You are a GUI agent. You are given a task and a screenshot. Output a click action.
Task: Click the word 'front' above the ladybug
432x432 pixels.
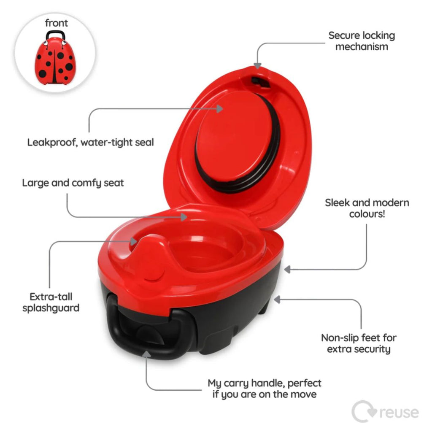tap(56, 23)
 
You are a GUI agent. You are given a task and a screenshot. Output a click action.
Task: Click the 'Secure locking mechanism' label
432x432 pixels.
tap(362, 41)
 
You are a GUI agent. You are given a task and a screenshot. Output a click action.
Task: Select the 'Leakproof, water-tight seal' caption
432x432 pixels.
tap(90, 143)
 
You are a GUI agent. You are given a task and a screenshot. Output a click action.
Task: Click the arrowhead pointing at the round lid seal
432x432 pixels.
tap(219, 109)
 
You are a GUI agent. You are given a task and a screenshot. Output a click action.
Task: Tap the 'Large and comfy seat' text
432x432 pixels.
tap(73, 183)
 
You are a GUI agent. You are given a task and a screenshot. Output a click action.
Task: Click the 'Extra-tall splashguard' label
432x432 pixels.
tap(51, 302)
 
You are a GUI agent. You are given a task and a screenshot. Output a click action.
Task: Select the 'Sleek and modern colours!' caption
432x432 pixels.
tap(367, 208)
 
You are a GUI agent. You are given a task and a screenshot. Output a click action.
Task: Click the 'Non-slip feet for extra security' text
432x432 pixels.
tap(359, 343)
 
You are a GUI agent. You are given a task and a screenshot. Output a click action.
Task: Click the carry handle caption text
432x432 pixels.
tap(265, 389)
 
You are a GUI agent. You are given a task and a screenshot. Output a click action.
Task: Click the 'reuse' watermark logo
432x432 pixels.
tap(385, 412)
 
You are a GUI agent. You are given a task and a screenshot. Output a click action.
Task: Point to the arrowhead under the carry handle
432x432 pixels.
tap(146, 354)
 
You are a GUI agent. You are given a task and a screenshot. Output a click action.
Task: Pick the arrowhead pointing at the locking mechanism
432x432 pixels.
tap(257, 65)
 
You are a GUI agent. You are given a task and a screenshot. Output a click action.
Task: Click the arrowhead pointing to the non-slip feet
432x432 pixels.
tap(277, 300)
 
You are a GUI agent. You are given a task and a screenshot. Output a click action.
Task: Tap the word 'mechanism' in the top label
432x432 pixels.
tap(362, 46)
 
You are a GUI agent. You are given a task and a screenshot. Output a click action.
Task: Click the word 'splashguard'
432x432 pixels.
tap(51, 308)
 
